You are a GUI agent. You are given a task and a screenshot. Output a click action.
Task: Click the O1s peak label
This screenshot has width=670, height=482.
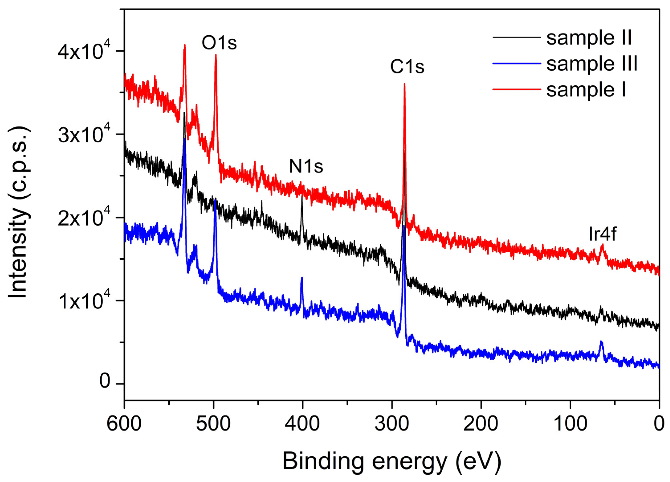tap(219, 43)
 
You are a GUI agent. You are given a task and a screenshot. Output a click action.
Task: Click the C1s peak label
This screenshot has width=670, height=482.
tap(407, 67)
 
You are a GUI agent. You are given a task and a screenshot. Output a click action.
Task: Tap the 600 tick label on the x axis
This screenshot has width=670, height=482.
tap(124, 424)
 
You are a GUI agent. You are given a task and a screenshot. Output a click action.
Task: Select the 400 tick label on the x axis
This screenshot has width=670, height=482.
tap(303, 424)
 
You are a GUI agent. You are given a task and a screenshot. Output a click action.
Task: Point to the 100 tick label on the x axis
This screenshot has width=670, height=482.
tap(570, 424)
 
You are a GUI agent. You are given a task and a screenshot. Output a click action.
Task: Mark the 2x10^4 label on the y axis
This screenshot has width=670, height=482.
tap(84, 218)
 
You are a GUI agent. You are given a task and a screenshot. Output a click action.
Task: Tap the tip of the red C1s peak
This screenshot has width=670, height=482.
tap(404, 84)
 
